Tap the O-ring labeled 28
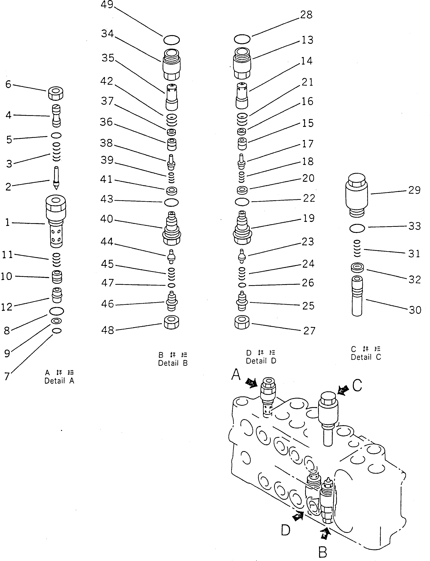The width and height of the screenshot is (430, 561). pyautogui.click(x=242, y=39)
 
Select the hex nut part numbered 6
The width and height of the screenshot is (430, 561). pyautogui.click(x=55, y=94)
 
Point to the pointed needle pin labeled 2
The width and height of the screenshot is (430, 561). pyautogui.click(x=56, y=178)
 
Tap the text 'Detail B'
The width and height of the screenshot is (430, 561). pyautogui.click(x=173, y=363)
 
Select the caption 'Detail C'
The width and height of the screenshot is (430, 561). pyautogui.click(x=366, y=357)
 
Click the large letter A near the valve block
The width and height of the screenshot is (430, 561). pyautogui.click(x=236, y=375)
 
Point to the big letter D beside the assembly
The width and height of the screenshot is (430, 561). pyautogui.click(x=286, y=530)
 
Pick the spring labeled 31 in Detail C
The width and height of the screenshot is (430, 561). pyautogui.click(x=357, y=248)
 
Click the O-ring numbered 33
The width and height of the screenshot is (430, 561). pyautogui.click(x=357, y=228)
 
